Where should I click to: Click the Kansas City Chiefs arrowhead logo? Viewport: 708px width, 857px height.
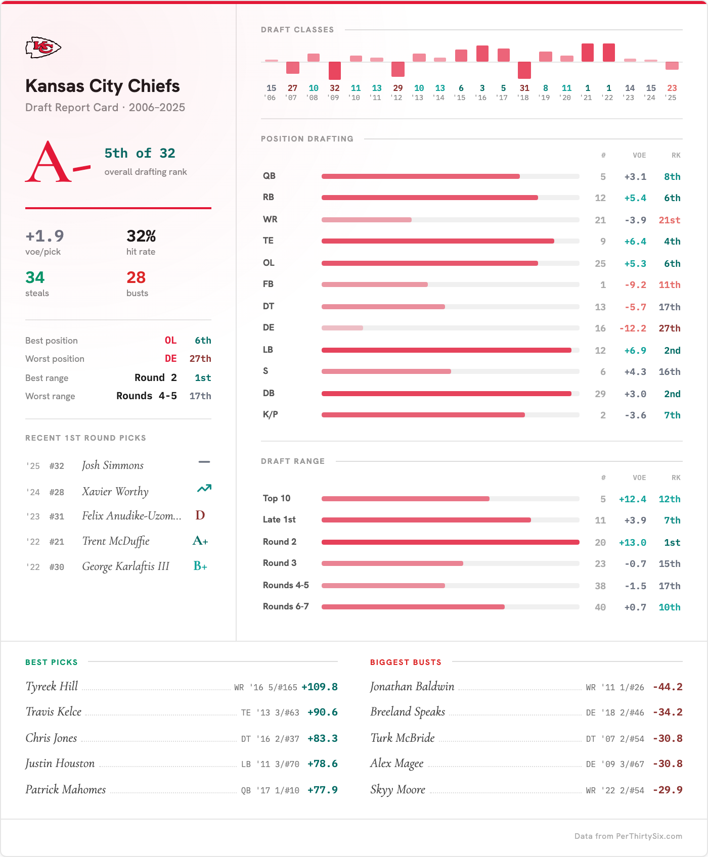pos(43,47)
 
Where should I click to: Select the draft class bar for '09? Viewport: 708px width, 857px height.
pos(335,71)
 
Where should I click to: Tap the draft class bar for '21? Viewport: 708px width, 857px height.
pos(588,53)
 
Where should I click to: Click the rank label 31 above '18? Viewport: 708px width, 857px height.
pos(524,88)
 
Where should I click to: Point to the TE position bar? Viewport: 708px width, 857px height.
pos(437,241)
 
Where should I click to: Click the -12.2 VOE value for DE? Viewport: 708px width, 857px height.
pos(633,328)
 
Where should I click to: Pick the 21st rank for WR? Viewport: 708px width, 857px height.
pos(669,220)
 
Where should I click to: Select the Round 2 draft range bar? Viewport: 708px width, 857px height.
pos(450,542)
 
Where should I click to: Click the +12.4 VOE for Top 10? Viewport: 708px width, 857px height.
pos(632,499)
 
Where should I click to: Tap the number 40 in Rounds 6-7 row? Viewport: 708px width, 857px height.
pos(600,607)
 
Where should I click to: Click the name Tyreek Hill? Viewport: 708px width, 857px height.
pos(52,686)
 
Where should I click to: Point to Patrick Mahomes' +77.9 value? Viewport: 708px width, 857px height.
pos(322,790)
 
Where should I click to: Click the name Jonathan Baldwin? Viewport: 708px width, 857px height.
pos(412,686)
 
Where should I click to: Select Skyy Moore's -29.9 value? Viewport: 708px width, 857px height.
pos(667,790)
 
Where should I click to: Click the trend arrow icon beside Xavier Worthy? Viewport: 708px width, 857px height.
pos(204,489)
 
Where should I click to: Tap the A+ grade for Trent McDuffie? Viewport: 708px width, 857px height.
pos(200,541)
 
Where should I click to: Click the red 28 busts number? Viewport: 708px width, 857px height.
pos(136,277)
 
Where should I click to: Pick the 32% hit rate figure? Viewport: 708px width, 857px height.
pos(141,236)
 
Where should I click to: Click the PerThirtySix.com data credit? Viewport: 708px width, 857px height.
pos(628,836)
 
